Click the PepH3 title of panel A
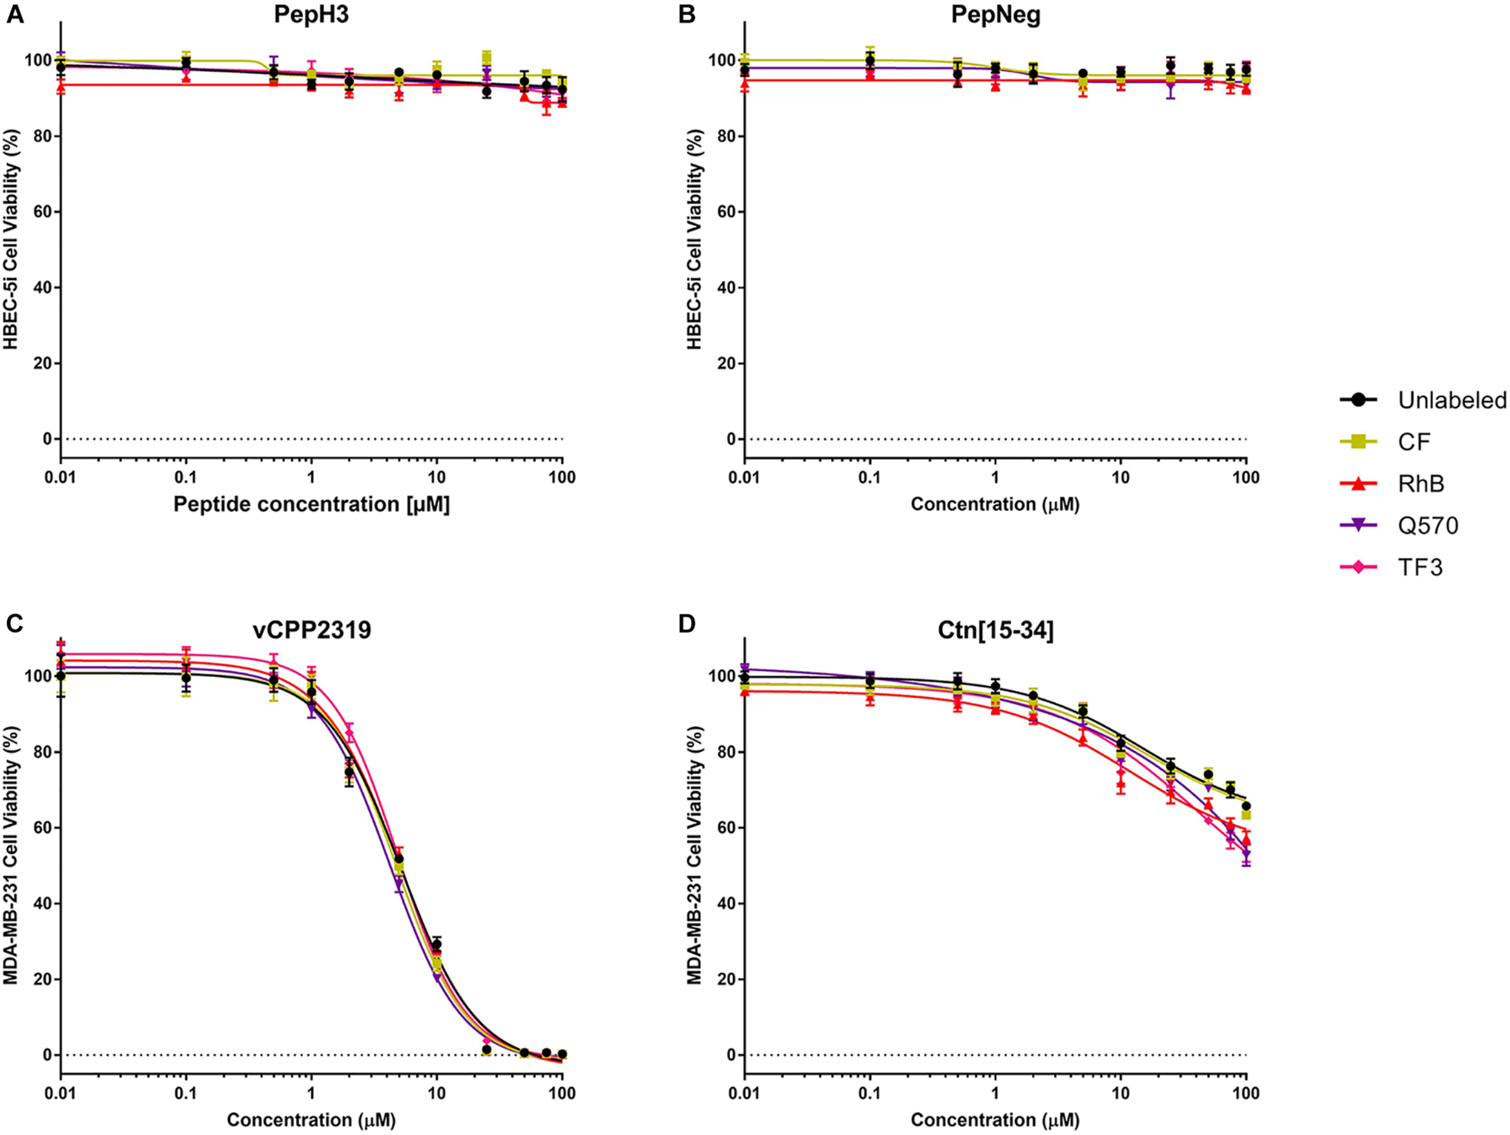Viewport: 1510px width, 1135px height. click(x=311, y=14)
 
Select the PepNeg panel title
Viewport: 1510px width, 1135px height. click(x=995, y=14)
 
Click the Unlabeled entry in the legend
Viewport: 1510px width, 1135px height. click(x=1451, y=400)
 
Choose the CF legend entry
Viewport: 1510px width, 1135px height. click(x=1414, y=442)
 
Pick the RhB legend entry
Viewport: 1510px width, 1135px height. click(x=1421, y=484)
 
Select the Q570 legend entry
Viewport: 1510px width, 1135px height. click(x=1427, y=526)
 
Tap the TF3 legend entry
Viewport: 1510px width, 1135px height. click(x=1420, y=567)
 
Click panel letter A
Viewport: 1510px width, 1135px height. click(x=14, y=14)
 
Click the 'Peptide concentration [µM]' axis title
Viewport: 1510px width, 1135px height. click(x=311, y=504)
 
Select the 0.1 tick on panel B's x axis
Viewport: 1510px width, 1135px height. click(x=870, y=478)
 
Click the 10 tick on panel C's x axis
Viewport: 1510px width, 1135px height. click(x=436, y=1093)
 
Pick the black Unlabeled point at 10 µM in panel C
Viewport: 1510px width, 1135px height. click(x=436, y=945)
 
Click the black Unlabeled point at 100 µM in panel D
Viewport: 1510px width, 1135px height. click(x=1246, y=806)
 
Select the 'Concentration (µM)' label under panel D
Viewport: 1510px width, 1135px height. click(x=995, y=1119)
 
